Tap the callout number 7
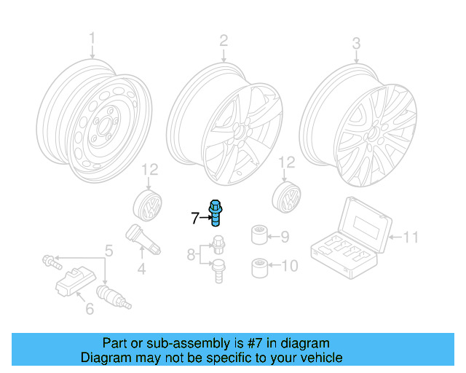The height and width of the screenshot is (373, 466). [194, 217]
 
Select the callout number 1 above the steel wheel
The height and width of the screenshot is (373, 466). [92, 38]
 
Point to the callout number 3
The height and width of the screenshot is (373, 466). [356, 44]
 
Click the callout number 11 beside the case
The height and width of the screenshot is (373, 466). [411, 237]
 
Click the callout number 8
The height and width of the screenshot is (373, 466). [191, 254]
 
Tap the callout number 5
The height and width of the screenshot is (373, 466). [108, 251]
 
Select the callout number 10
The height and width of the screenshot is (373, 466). [289, 267]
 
